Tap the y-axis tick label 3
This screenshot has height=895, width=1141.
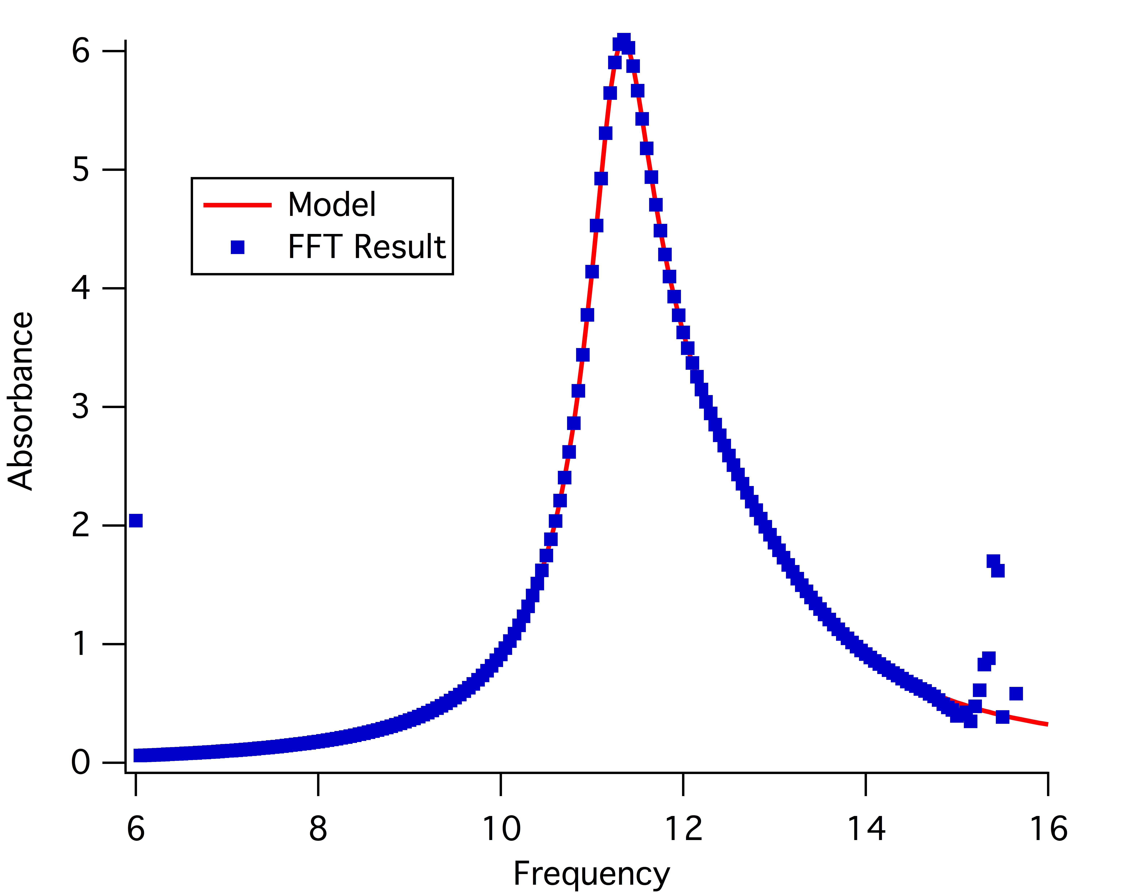[81, 407]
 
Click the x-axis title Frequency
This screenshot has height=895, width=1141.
[591, 873]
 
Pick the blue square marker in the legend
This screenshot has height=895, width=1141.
[238, 247]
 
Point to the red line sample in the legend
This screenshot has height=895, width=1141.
[237, 205]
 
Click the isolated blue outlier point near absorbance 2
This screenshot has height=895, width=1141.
[136, 520]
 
